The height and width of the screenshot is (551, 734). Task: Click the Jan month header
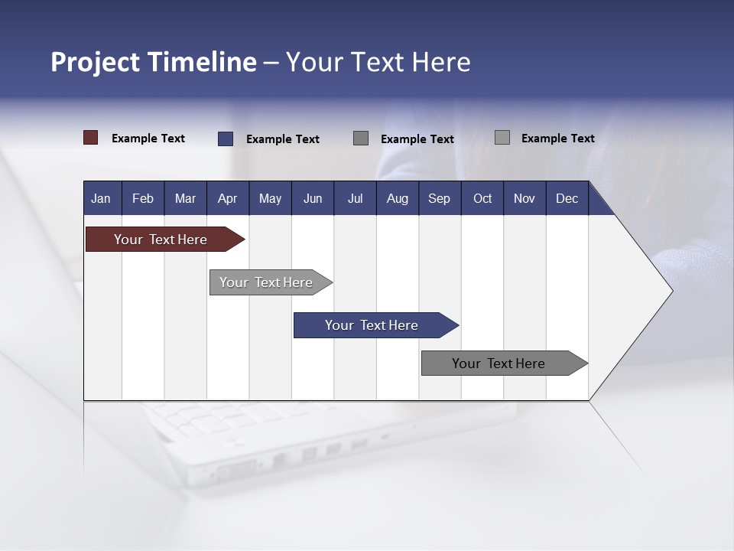pyautogui.click(x=102, y=198)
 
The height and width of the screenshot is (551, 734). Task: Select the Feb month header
pyautogui.click(x=143, y=198)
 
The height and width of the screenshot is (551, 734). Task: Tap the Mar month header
pyautogui.click(x=185, y=198)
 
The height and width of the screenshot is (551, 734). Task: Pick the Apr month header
pyautogui.click(x=228, y=198)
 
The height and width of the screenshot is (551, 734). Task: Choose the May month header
pyautogui.click(x=270, y=198)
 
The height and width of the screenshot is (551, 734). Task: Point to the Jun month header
pyautogui.click(x=313, y=198)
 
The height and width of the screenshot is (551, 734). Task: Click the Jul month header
pyautogui.click(x=355, y=198)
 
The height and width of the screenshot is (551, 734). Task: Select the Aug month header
pyautogui.click(x=398, y=198)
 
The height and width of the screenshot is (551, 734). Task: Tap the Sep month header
pyautogui.click(x=440, y=198)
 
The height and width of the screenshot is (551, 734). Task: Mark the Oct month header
pyautogui.click(x=482, y=198)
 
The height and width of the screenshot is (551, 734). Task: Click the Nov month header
pyautogui.click(x=525, y=198)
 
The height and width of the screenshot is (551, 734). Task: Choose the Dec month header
pyautogui.click(x=567, y=198)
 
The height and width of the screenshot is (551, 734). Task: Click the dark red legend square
pyautogui.click(x=90, y=138)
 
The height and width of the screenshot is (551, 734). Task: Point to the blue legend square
pyautogui.click(x=225, y=139)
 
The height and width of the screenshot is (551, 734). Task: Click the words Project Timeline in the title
pyautogui.click(x=154, y=62)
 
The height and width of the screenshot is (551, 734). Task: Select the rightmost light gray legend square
pyautogui.click(x=502, y=138)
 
